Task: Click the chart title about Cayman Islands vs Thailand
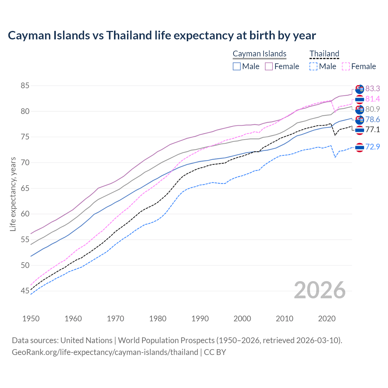tap(162, 35)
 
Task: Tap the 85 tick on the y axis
tap(25, 86)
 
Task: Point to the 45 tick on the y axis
tap(25, 291)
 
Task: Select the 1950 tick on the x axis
tap(31, 319)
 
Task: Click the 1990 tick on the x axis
tap(200, 319)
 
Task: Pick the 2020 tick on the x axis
tap(327, 319)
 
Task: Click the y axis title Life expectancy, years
tap(13, 194)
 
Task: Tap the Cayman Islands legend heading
tap(259, 54)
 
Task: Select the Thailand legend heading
tap(324, 54)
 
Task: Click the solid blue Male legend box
tap(237, 66)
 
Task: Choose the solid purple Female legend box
tap(269, 66)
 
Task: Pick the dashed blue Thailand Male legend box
tap(313, 66)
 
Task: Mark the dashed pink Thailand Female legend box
tap(346, 66)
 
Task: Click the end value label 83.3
tap(373, 89)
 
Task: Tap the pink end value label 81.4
tap(373, 99)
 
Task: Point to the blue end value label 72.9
tap(373, 147)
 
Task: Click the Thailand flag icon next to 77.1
tap(360, 130)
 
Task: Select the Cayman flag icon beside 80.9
tap(360, 109)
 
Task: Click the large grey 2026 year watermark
tap(319, 290)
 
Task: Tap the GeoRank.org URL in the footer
tap(105, 352)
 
